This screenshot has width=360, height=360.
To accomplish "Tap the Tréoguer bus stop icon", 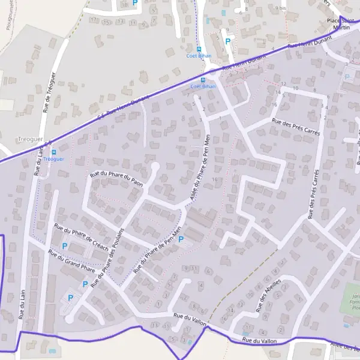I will [x=54, y=152].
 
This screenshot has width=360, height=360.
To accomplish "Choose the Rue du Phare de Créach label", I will [x=81, y=236].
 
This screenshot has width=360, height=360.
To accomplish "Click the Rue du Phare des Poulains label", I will [x=107, y=258].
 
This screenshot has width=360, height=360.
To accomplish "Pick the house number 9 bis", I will [x=280, y=8].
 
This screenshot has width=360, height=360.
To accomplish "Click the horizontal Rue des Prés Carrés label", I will [x=296, y=127].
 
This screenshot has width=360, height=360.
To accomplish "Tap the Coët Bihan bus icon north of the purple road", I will [x=199, y=49].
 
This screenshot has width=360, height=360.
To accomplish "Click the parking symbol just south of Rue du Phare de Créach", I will [x=65, y=247].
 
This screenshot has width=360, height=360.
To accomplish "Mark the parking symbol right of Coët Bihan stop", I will [x=227, y=41].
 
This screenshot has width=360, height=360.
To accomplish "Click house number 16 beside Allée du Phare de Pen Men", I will [x=214, y=179].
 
